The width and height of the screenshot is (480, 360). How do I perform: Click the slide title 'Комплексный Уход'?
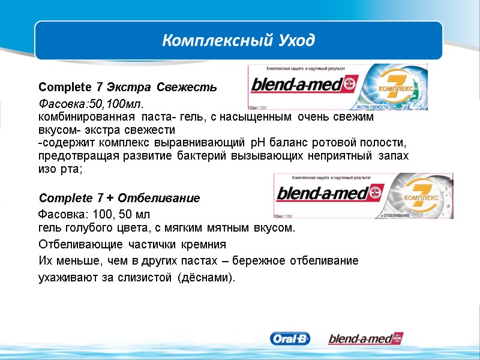coord(239,41)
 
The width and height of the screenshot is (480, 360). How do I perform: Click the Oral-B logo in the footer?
coord(291,339)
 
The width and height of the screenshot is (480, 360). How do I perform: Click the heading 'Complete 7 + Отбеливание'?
coord(119,198)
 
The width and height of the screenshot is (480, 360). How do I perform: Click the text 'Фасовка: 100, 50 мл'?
coord(95,214)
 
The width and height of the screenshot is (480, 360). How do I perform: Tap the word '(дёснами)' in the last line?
coord(208,278)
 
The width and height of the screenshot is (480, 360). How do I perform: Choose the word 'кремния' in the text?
coord(205,245)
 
